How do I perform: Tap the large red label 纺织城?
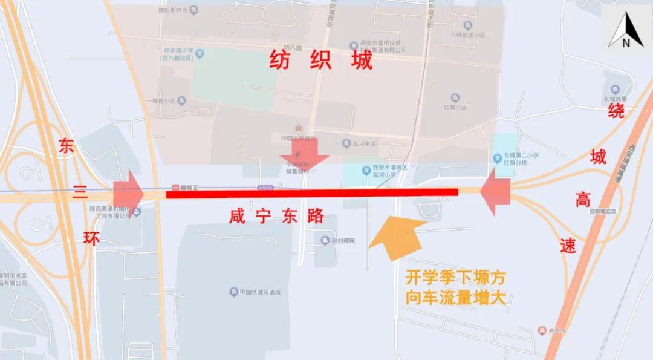(x=321, y=60)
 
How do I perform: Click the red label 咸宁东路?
(x=277, y=215)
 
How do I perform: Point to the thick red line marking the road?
(x=311, y=193)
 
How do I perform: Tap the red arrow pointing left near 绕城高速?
(x=496, y=191)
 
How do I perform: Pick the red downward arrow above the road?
(x=304, y=154)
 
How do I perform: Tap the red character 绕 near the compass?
(x=616, y=110)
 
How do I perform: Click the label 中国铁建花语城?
(x=264, y=293)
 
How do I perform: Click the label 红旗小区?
(x=455, y=106)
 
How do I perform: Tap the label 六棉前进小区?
(x=467, y=34)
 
